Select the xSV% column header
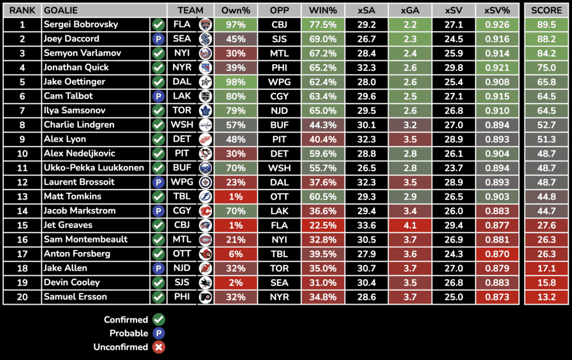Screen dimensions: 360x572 click(498, 10)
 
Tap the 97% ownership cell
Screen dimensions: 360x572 click(235, 25)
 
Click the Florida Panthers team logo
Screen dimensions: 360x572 click(205, 25)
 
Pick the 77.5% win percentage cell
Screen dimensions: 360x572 click(322, 25)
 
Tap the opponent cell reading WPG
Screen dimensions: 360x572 click(279, 82)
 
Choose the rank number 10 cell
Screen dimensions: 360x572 click(22, 153)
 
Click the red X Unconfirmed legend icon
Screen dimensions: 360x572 click(158, 347)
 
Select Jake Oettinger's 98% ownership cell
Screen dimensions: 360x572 click(235, 82)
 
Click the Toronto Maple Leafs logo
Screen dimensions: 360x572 click(205, 111)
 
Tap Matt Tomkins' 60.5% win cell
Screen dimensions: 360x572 click(322, 196)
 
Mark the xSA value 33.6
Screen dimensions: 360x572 click(366, 225)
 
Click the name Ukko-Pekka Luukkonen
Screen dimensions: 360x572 click(93, 168)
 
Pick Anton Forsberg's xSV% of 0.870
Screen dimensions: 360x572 click(498, 253)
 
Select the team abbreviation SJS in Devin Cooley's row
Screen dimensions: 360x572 click(182, 282)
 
